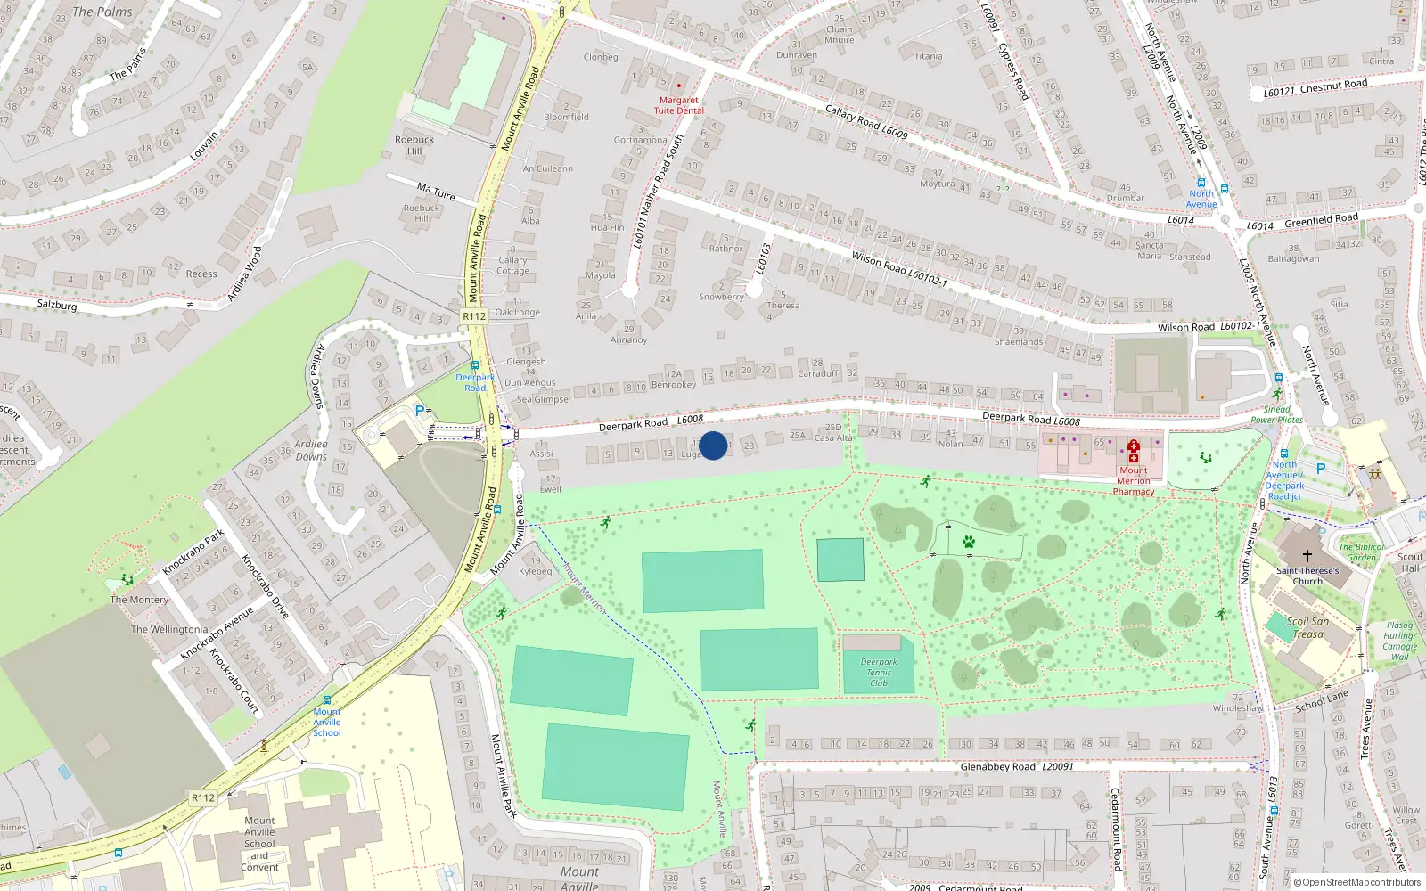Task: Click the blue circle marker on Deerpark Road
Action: coord(713,445)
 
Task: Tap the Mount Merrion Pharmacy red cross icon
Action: coord(1133,451)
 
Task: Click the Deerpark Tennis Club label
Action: coord(879,673)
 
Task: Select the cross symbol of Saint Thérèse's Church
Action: coord(1307,555)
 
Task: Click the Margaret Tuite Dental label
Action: coord(679,105)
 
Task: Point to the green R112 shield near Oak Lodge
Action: coord(474,316)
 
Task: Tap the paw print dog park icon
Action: coord(968,541)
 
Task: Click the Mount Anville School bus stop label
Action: coord(327,722)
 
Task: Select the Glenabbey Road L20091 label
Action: coord(1017,766)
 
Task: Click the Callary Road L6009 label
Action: coord(866,120)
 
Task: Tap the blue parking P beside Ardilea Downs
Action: coord(420,411)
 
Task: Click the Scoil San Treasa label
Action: coord(1307,627)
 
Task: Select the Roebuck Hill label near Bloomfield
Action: coord(414,144)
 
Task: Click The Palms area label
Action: coord(102,12)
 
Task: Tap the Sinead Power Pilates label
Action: coord(1276,414)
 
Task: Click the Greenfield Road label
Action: coord(1321,219)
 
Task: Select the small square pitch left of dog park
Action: coord(840,560)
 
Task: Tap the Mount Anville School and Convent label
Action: coord(259,844)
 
